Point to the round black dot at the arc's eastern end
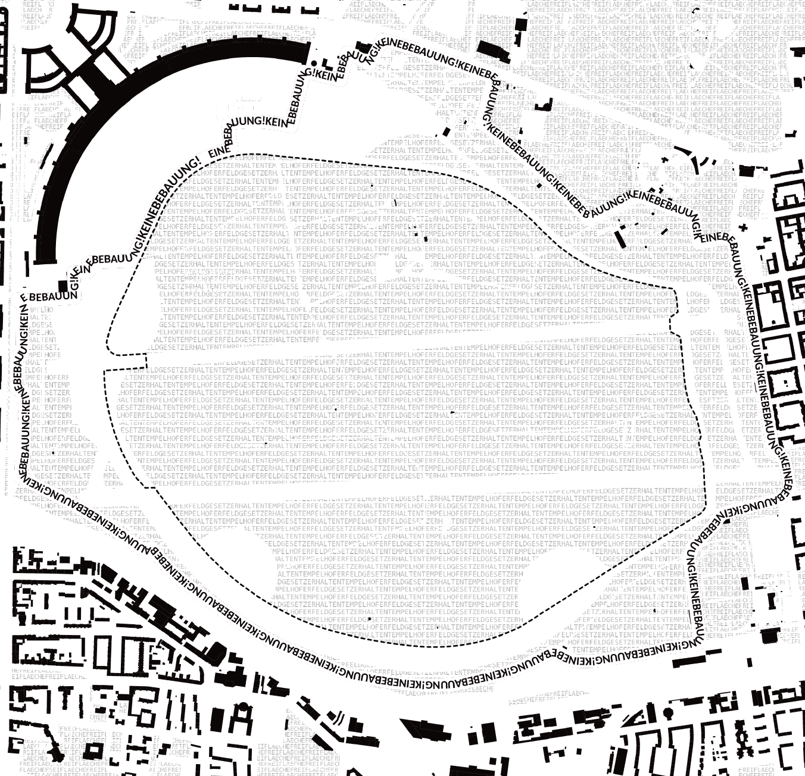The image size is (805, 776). point(313,64)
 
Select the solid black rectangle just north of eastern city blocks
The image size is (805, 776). point(745,171)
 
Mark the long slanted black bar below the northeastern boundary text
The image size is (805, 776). point(620,238)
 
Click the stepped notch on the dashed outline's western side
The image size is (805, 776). point(145,361)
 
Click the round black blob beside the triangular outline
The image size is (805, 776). point(669,712)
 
